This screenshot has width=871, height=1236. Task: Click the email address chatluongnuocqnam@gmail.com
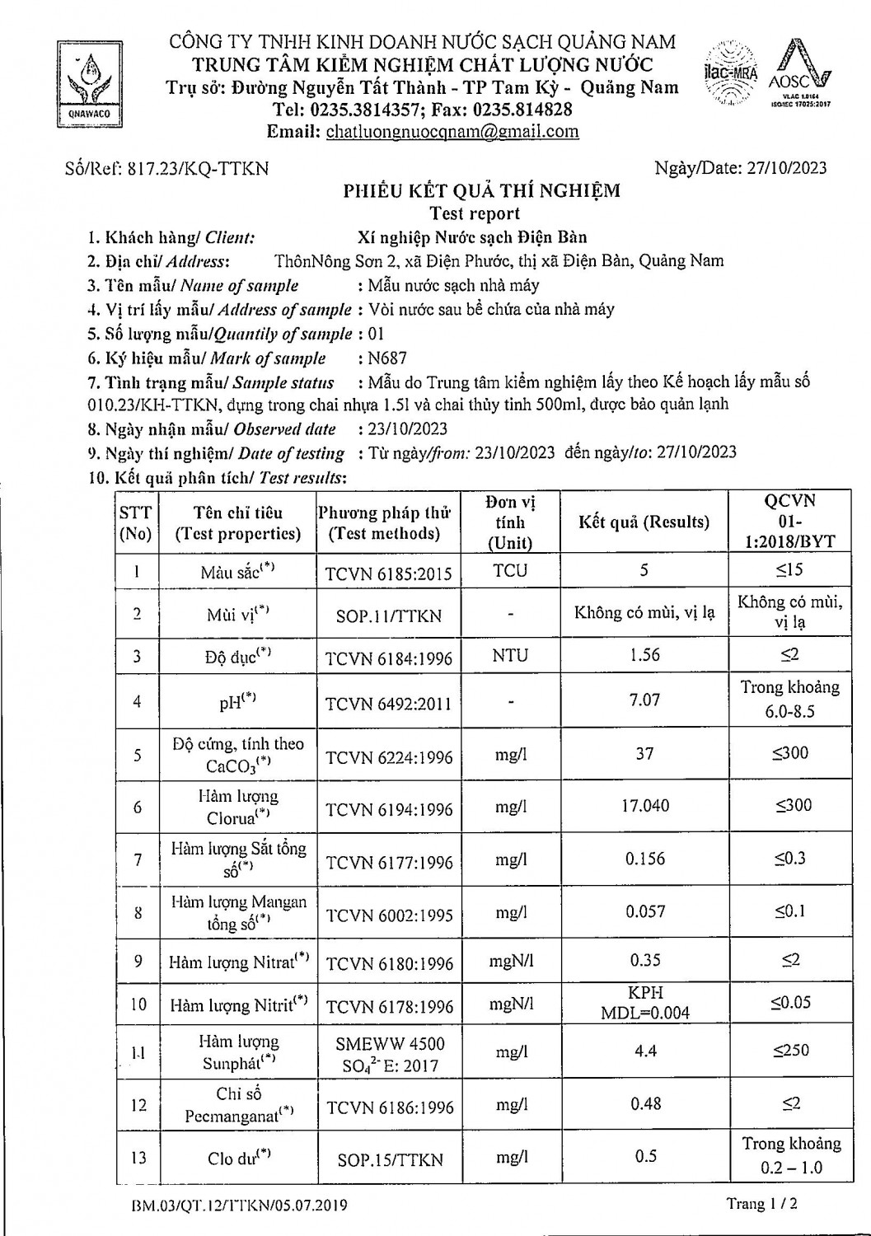452,132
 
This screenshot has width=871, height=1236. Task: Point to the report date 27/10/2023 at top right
786,168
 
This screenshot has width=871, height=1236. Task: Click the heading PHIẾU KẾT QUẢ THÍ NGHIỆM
481,191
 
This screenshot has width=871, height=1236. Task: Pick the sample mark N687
388,358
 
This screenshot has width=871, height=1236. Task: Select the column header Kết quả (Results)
644,522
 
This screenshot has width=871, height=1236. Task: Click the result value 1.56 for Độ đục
644,655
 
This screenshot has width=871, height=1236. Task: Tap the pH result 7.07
644,700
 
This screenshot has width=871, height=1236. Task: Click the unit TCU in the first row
510,570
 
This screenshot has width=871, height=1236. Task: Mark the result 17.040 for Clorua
644,806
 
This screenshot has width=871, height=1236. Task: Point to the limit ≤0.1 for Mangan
789,911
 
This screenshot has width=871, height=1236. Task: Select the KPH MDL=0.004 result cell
644,1003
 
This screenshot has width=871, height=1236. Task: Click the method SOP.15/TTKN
390,1159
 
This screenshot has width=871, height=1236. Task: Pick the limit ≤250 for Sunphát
790,1051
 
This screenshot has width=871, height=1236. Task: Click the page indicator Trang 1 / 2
761,1204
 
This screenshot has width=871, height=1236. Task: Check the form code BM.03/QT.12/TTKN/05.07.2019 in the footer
239,1206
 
